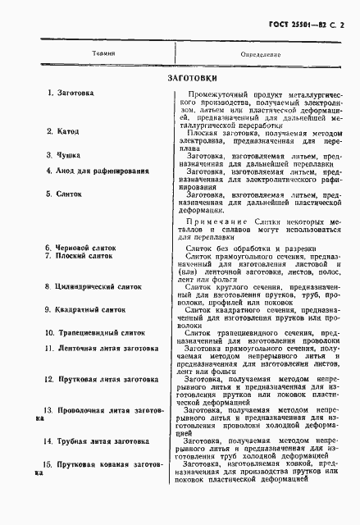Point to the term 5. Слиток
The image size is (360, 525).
[65, 195]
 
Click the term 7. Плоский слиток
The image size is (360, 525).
[82, 256]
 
